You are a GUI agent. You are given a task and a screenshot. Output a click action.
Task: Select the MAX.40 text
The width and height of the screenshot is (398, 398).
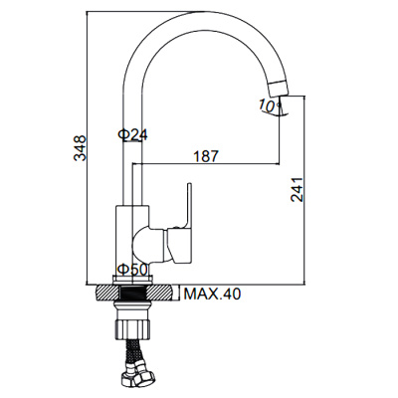click(x=212, y=294)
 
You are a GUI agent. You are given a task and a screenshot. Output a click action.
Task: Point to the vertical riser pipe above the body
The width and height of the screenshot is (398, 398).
click(x=131, y=169)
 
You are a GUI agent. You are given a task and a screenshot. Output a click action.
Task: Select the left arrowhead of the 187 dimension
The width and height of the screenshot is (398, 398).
click(x=136, y=161)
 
